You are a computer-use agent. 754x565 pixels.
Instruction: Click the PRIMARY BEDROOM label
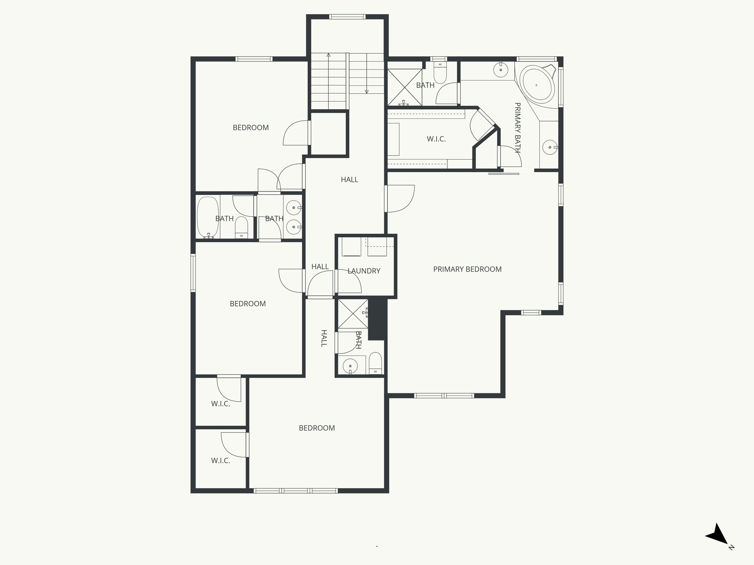click(x=467, y=269)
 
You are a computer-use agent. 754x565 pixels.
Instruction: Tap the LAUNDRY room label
click(x=364, y=271)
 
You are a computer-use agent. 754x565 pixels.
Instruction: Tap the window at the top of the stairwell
click(x=347, y=17)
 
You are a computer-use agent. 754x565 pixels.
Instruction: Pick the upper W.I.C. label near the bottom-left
click(x=221, y=404)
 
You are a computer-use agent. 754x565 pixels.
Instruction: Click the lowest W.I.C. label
click(x=221, y=461)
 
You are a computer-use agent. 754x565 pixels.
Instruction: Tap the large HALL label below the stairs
click(x=349, y=180)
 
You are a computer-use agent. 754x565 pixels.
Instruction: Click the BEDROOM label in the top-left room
click(x=251, y=128)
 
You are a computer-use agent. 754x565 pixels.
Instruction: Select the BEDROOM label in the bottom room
click(x=317, y=428)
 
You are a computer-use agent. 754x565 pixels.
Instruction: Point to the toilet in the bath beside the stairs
click(x=440, y=74)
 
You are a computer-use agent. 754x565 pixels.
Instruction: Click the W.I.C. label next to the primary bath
click(x=436, y=139)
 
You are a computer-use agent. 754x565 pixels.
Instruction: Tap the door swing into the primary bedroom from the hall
click(x=400, y=199)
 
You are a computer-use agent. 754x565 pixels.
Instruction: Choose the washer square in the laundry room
click(x=352, y=246)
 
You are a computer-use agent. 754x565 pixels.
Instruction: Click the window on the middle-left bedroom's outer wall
click(x=193, y=273)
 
